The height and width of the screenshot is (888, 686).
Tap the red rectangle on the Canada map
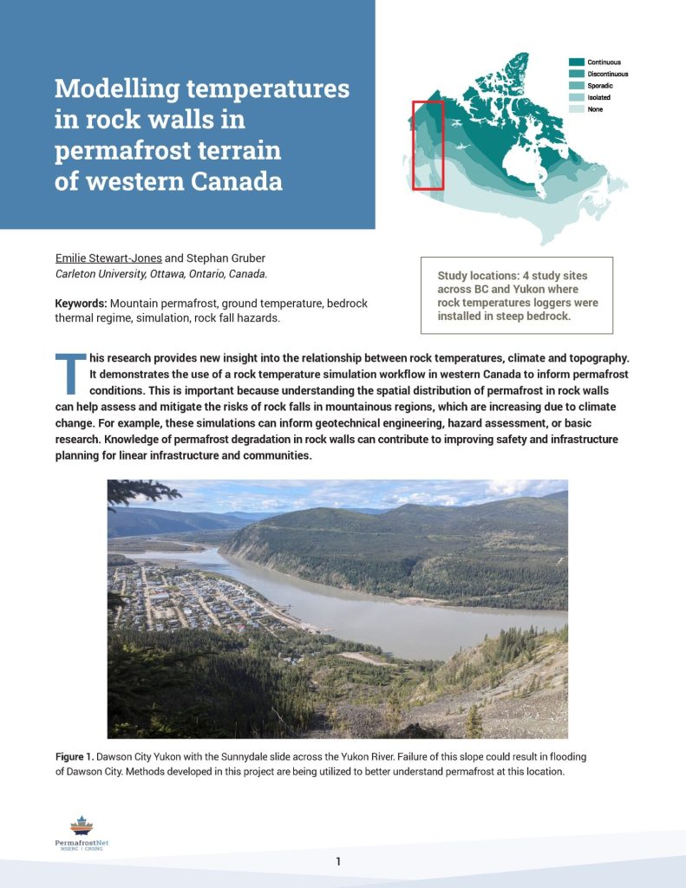coord(428,145)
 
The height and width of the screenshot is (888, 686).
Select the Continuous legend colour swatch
coord(576,62)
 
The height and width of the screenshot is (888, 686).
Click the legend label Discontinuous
coord(607,75)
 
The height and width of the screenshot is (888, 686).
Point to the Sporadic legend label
coord(601,86)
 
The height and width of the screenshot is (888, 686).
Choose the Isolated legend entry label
coord(599,98)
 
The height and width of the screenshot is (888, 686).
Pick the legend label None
coord(595,109)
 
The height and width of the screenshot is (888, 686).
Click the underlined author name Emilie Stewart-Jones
coord(108,258)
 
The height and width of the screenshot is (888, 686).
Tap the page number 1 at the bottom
coord(339,861)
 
